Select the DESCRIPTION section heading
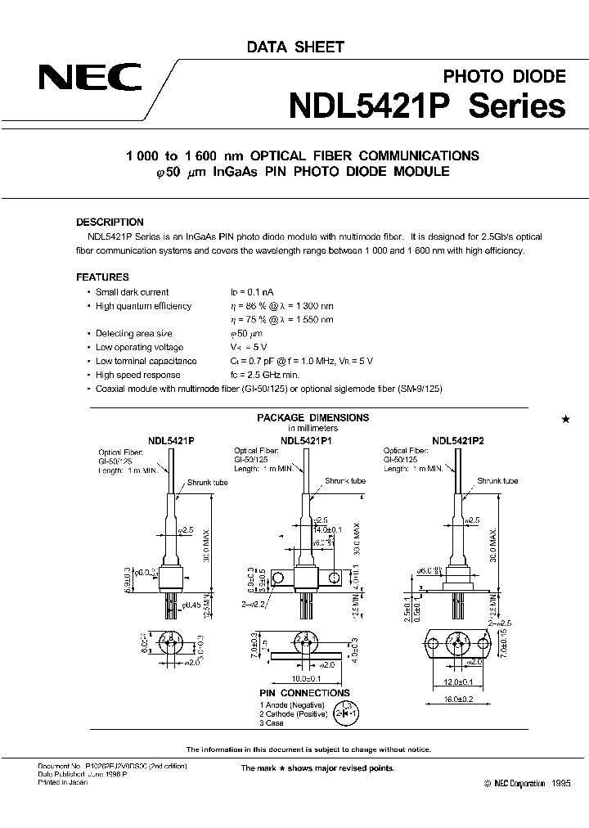coord(110,222)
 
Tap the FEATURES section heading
coord(102,277)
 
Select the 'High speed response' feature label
coord(137,376)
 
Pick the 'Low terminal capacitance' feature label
coord(146,362)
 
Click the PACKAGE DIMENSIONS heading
coord(312,417)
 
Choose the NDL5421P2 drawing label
coord(458,439)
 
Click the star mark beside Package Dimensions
coord(564,419)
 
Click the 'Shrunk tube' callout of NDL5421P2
coord(495,481)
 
